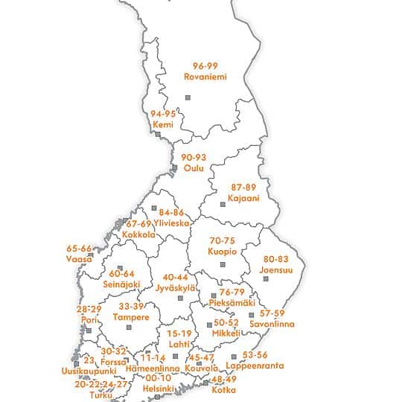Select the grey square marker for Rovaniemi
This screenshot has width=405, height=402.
point(188,97)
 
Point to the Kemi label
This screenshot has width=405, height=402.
point(162,124)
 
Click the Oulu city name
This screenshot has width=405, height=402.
point(193,168)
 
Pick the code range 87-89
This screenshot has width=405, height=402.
point(243,188)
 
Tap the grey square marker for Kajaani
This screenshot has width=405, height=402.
point(223,204)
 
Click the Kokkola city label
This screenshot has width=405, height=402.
point(138,234)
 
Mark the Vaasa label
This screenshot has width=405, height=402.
point(79,258)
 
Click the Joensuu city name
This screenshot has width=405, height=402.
point(277,269)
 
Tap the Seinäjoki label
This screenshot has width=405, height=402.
point(121,284)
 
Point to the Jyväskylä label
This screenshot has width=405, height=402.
point(176,287)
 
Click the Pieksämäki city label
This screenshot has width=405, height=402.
point(232,303)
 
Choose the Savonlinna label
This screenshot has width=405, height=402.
point(272,324)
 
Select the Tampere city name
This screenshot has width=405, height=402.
point(131,317)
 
